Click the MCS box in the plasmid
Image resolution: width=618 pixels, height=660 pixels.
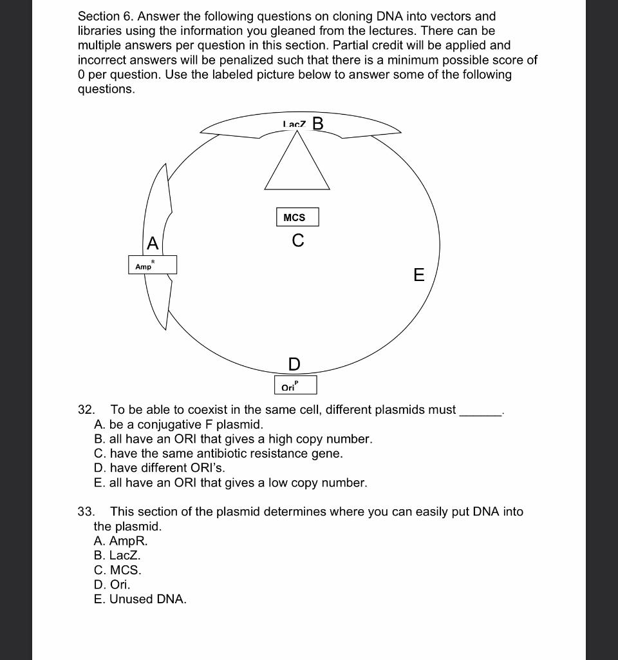[x=297, y=217]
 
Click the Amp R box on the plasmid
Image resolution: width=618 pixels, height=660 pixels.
[x=152, y=265]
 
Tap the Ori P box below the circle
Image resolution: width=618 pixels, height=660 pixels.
[x=295, y=385]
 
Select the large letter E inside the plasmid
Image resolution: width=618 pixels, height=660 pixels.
[x=418, y=276]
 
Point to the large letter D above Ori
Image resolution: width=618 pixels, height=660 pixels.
[x=294, y=365]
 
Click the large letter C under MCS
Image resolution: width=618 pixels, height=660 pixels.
[x=297, y=241]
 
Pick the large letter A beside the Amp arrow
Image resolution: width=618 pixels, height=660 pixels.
[x=153, y=244]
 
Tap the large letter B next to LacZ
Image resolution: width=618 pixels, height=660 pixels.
[x=317, y=123]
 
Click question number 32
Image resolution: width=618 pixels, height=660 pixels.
[x=86, y=410]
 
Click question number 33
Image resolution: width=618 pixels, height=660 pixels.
[x=86, y=512]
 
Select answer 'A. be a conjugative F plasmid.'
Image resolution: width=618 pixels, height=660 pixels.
[x=178, y=425]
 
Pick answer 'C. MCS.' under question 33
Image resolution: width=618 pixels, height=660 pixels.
[x=117, y=570]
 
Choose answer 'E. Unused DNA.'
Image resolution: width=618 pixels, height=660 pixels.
[x=140, y=599]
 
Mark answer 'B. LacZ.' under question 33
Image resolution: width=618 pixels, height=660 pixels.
[x=117, y=555]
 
